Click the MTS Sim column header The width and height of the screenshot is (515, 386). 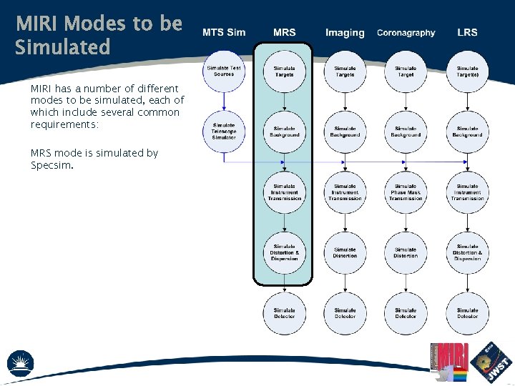(224, 33)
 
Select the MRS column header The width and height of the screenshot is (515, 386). (284, 33)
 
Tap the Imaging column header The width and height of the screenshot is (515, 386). (345, 33)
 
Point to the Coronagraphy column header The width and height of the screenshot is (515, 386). (406, 33)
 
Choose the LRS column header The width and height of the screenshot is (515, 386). (467, 33)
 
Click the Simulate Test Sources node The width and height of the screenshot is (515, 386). (224, 71)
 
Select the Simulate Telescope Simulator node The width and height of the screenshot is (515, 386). (224, 132)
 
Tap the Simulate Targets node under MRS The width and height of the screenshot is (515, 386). (284, 71)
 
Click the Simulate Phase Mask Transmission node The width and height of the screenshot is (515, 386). (406, 192)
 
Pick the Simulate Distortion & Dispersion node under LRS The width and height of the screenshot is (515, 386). (467, 252)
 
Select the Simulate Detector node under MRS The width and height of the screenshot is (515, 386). (284, 313)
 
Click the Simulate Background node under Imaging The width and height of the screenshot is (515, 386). (345, 132)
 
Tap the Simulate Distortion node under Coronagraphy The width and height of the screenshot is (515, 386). (406, 252)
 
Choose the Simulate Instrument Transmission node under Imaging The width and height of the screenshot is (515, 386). (345, 192)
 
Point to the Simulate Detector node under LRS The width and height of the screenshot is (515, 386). (467, 313)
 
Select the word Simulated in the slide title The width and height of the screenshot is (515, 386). (63, 48)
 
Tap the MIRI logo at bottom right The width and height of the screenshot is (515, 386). (453, 361)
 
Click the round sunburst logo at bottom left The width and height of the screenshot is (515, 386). (20, 364)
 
